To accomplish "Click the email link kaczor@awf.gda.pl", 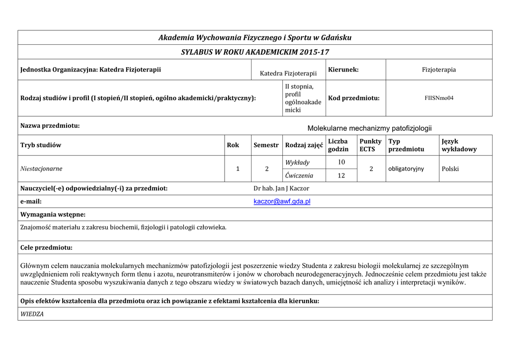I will (x=282, y=201).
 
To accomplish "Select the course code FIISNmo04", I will (x=439, y=98).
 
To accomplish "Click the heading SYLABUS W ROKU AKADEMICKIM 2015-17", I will (x=255, y=52).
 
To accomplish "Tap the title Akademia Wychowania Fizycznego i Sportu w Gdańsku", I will (x=255, y=38).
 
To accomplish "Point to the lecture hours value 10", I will (x=341, y=162).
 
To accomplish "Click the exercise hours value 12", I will (x=341, y=175).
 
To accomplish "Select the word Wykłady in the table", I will (x=297, y=162).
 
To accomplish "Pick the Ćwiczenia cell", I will (x=299, y=175).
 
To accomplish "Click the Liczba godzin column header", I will (x=338, y=145).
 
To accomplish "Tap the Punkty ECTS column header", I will (x=370, y=145).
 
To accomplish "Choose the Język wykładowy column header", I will (x=459, y=145).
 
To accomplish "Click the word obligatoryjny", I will (x=406, y=169).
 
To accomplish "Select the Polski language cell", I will (x=450, y=169).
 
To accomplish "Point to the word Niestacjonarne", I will (x=41, y=169).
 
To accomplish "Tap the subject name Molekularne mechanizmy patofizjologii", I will (x=369, y=128).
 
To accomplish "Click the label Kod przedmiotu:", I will (x=354, y=98).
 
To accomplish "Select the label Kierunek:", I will (x=343, y=70).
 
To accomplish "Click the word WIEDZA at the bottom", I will (x=32, y=314).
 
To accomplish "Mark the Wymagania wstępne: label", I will (x=53, y=214).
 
